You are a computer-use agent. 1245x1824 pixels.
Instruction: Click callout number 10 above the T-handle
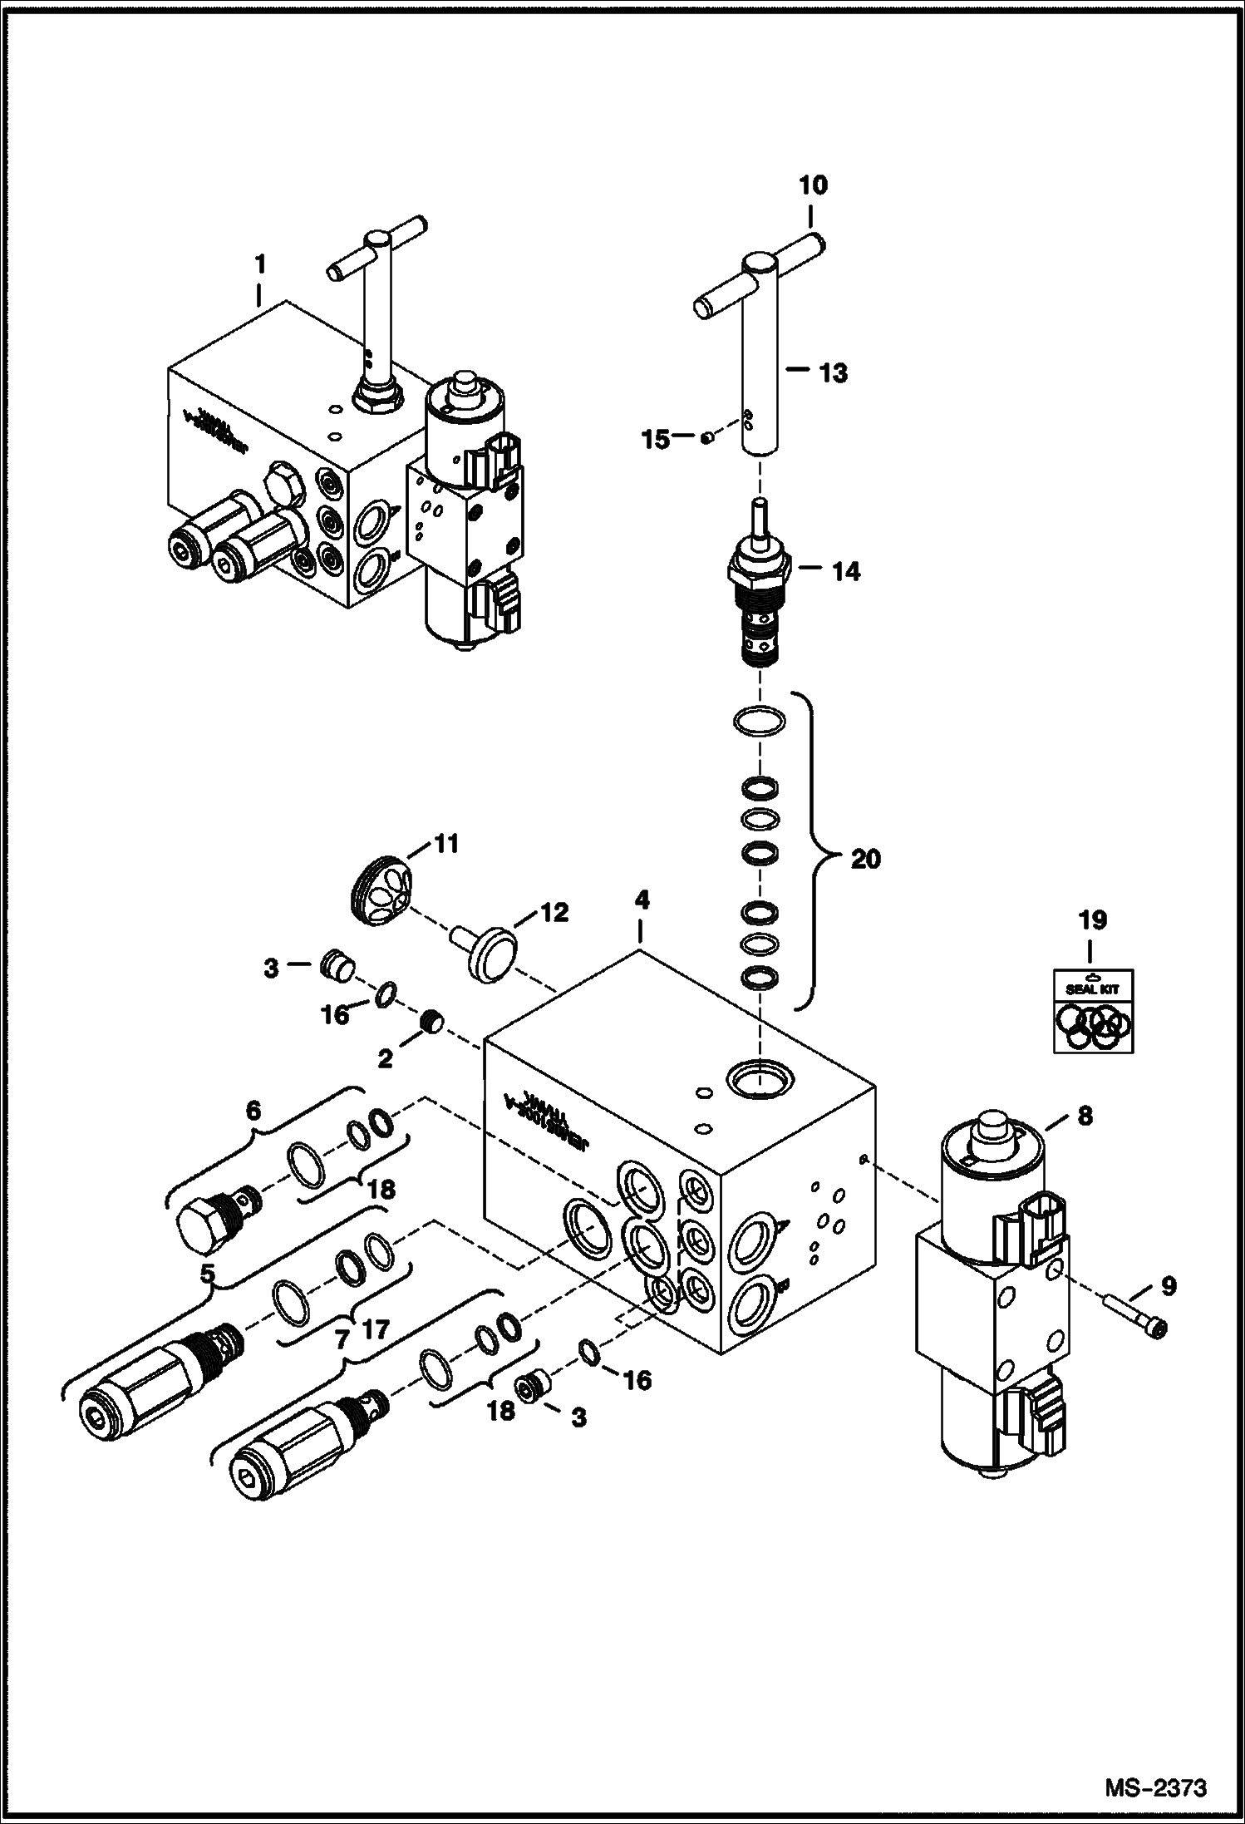[814, 185]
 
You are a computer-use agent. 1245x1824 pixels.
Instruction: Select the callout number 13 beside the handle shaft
[833, 373]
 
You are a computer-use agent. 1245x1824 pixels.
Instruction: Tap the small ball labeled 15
[705, 438]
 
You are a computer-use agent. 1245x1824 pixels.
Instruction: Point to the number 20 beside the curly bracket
[865, 858]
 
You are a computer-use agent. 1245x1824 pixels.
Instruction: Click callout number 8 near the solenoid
[1085, 1117]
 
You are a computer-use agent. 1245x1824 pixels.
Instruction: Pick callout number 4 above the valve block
[642, 900]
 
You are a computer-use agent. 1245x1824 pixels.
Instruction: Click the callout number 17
[376, 1330]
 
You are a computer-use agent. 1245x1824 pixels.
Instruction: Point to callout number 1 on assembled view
[259, 265]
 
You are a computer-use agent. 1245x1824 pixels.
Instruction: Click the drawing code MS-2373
[1156, 1786]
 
